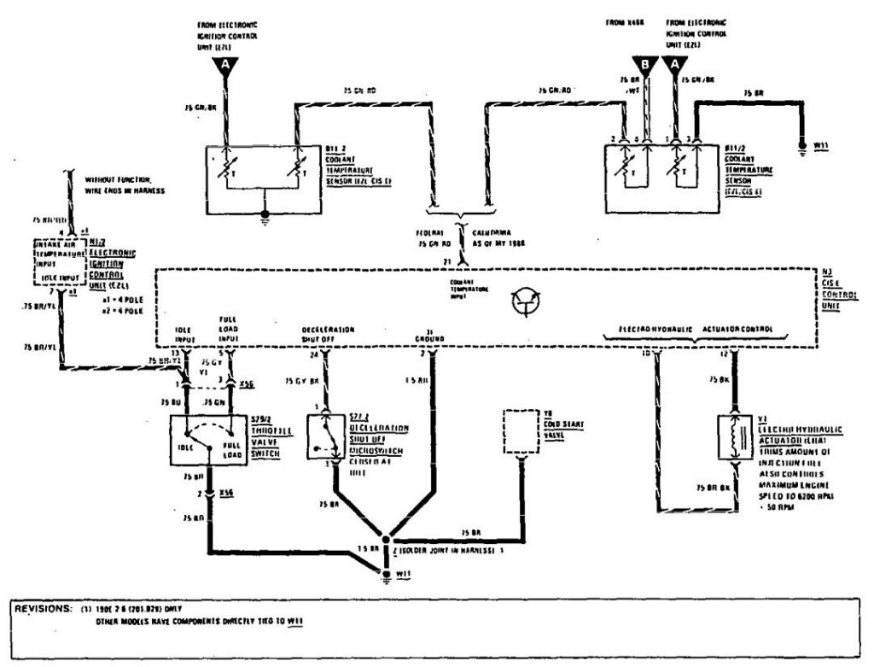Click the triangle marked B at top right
646,62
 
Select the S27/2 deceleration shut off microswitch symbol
326,438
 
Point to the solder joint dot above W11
386,539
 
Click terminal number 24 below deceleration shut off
317,352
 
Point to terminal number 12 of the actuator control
725,352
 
